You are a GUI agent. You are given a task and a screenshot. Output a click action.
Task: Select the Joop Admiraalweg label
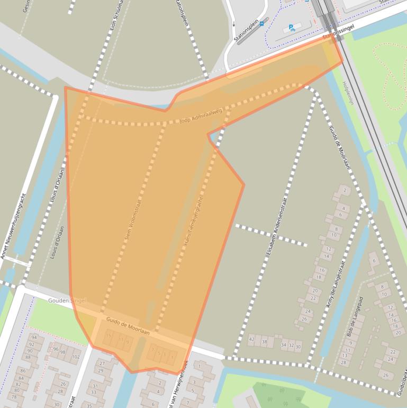point(201,120)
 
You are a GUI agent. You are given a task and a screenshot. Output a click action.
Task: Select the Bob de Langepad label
point(356,316)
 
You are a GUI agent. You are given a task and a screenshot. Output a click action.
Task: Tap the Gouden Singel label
point(67,300)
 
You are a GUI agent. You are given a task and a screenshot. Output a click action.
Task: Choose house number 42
point(251,339)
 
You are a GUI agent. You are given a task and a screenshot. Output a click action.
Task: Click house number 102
point(76,357)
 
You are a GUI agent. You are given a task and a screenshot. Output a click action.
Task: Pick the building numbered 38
point(264,342)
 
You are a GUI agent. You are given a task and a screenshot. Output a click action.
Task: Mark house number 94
point(34,338)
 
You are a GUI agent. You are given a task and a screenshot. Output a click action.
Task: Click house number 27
point(101,363)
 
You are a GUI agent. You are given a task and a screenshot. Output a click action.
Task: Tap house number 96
point(56,349)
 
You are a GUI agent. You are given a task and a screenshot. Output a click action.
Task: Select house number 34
point(284,345)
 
